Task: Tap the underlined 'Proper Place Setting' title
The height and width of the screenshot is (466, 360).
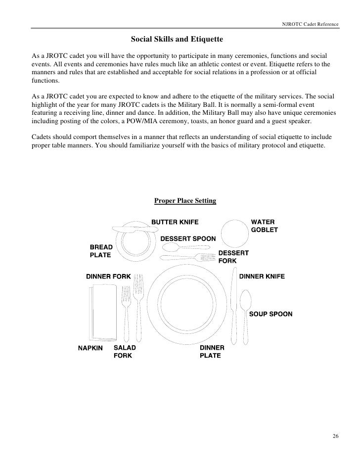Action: click(185, 201)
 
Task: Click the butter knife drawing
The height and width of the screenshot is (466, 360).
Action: click(131, 229)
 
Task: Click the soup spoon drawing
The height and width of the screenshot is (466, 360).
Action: click(246, 307)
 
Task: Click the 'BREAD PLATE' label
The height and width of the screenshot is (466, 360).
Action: click(100, 251)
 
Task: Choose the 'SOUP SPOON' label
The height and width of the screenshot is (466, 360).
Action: click(270, 314)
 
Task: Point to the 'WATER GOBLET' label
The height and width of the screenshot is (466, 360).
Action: click(265, 226)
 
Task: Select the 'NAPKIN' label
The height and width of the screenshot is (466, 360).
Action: click(90, 348)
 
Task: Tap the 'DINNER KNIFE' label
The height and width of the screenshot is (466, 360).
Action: click(262, 276)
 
